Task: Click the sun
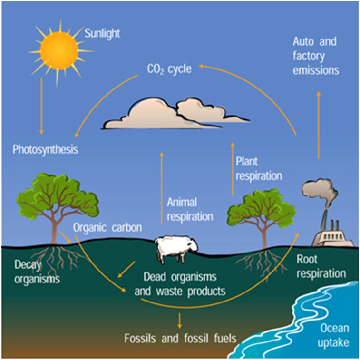click(x=59, y=51)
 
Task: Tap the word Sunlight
click(x=102, y=34)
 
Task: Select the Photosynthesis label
click(x=45, y=150)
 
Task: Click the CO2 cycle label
click(x=169, y=69)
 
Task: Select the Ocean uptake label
click(x=333, y=335)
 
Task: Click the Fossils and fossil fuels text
click(x=180, y=338)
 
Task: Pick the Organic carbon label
click(x=107, y=228)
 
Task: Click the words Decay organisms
click(x=37, y=272)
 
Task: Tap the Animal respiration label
click(x=190, y=209)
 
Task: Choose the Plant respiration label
click(x=259, y=169)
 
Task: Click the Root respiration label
click(x=321, y=266)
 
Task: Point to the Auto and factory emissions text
click(x=316, y=56)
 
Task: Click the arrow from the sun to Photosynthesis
click(x=41, y=106)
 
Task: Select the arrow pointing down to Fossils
click(x=180, y=321)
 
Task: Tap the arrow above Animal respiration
click(x=162, y=188)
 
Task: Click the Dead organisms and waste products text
click(x=180, y=284)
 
